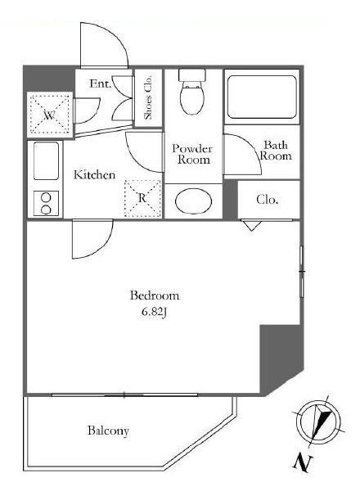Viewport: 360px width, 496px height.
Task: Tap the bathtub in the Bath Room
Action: tap(262, 97)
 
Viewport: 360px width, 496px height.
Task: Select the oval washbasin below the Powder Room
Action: tap(193, 201)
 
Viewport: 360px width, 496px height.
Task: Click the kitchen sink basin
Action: tap(46, 160)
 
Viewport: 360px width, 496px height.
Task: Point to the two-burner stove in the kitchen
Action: tap(46, 204)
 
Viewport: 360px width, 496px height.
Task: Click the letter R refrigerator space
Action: tap(142, 199)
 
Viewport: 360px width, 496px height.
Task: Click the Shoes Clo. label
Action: tap(148, 97)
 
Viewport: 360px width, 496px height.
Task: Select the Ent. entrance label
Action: tap(101, 83)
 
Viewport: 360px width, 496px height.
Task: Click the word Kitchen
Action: tap(94, 174)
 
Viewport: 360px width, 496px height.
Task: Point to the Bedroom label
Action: tap(155, 295)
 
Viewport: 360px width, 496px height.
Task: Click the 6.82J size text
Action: tap(154, 313)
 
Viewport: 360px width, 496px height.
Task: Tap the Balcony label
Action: tap(108, 431)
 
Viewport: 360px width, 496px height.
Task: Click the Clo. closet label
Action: tap(268, 200)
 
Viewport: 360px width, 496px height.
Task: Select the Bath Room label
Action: tap(276, 151)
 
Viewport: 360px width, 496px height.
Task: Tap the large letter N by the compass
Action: tap(301, 463)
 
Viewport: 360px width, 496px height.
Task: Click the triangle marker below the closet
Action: tap(251, 226)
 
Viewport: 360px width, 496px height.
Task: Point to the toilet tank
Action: tap(192, 74)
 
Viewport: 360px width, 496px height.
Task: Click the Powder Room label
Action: tap(193, 154)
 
